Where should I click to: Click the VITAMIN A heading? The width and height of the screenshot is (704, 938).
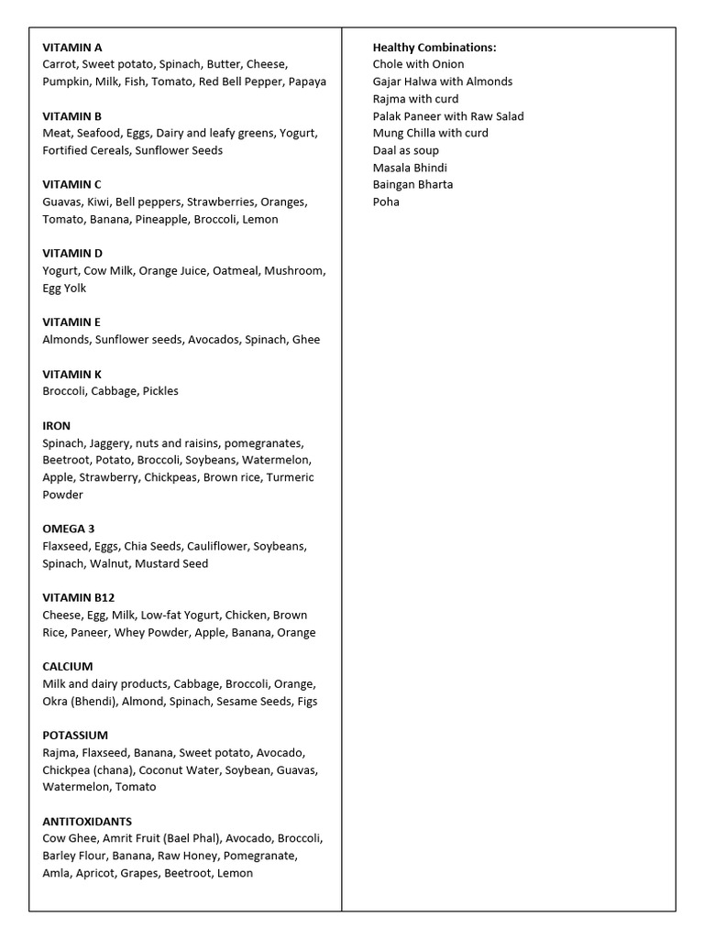pos(72,47)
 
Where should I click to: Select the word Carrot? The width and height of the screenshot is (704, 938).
pos(60,64)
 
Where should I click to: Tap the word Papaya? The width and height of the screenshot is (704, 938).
pos(307,82)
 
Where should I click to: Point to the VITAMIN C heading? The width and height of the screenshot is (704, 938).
pos(71,184)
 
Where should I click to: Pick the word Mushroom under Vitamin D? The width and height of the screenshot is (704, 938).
pos(294,270)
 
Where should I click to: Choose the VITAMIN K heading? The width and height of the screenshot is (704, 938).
pos(72,374)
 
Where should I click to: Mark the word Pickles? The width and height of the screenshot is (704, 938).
pos(160,391)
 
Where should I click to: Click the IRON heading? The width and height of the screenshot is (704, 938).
pos(56,426)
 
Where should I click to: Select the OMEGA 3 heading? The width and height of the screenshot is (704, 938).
pos(69,529)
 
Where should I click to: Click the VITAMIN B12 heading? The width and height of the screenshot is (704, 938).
pos(79,597)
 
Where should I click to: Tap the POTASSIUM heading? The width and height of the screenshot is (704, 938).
pos(75,735)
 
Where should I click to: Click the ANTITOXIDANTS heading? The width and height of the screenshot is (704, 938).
pos(87,821)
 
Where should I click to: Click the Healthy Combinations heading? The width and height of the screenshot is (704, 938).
pos(434,47)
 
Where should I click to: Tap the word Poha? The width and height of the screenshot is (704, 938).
pos(386,202)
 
